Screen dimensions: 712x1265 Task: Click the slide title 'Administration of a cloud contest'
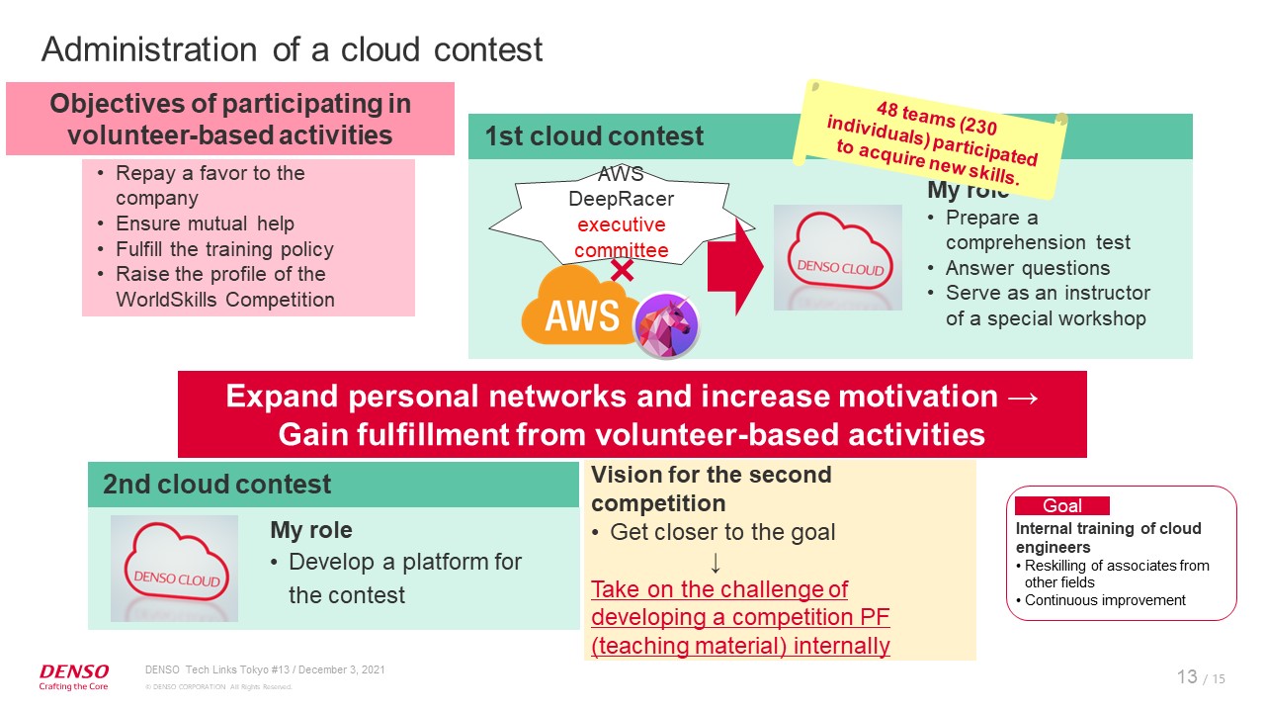pos(292,48)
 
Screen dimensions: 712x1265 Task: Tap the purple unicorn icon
pos(665,325)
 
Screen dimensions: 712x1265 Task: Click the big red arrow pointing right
pos(735,265)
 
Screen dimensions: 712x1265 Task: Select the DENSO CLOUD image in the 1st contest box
pos(837,258)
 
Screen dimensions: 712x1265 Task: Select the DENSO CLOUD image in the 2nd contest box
pos(174,568)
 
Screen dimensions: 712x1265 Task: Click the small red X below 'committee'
pos(622,270)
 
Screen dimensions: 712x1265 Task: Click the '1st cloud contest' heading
pos(594,136)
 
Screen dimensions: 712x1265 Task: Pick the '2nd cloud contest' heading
pos(216,485)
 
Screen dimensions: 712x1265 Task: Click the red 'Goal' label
pos(1061,505)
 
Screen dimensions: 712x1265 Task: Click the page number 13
pos(1187,676)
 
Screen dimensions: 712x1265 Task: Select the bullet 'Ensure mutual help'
pos(205,223)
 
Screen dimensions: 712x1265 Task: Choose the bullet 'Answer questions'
pos(1027,268)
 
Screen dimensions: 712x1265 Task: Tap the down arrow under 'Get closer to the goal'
pos(716,562)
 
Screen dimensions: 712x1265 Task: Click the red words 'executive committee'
pos(621,237)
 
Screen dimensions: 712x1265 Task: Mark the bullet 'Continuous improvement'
pos(1105,599)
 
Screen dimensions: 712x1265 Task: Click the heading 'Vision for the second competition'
pos(711,488)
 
